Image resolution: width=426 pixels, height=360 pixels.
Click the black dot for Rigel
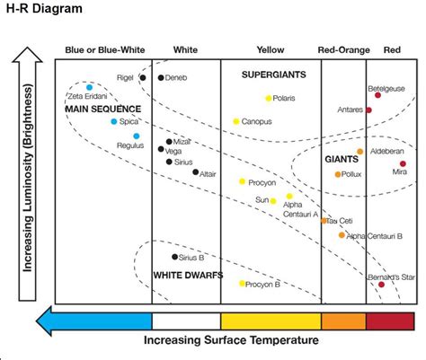(x=143, y=78)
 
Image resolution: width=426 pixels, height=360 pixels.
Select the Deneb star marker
(x=161, y=78)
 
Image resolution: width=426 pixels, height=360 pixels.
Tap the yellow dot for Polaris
(x=268, y=98)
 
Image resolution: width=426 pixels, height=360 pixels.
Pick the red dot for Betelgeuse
(x=377, y=95)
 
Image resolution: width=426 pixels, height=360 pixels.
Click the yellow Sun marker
(x=273, y=200)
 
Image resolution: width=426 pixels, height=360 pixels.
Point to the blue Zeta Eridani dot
(x=89, y=88)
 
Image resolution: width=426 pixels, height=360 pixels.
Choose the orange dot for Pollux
(x=338, y=174)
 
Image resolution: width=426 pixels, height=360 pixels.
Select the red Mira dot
(x=403, y=164)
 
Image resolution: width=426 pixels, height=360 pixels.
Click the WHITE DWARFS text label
(x=188, y=275)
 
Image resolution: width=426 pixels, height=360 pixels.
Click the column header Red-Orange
(x=344, y=50)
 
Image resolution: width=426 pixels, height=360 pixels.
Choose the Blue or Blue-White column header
(x=102, y=50)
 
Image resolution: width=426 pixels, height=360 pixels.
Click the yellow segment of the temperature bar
(x=270, y=320)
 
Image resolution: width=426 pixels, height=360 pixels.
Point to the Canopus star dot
(x=236, y=121)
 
